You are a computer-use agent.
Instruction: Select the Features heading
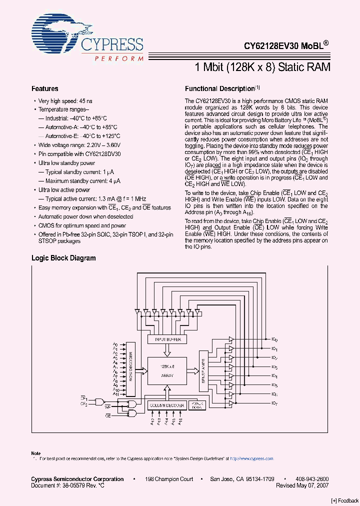point(45,88)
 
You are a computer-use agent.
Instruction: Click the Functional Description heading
point(219,88)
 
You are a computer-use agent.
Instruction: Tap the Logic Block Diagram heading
point(63,258)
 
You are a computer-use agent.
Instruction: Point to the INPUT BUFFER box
point(168,339)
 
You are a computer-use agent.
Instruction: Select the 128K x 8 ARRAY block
point(167,370)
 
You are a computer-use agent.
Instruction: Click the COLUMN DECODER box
point(167,405)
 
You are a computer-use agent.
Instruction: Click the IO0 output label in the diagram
point(274,339)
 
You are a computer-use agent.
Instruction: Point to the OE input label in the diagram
point(107,415)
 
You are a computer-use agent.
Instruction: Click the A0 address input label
point(115,344)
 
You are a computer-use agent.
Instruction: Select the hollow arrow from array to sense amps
point(193,370)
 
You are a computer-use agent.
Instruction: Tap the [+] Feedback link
point(345,500)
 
